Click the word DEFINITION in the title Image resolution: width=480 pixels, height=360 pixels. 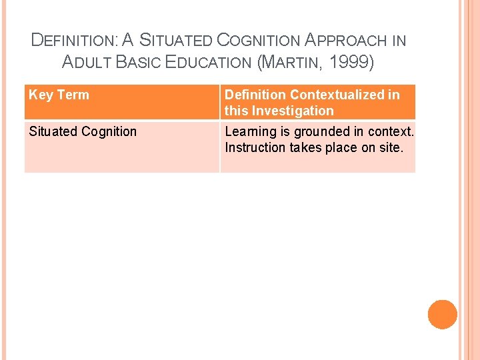click(x=73, y=40)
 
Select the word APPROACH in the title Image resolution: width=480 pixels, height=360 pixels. click(x=347, y=40)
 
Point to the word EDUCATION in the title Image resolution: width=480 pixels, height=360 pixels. click(x=209, y=63)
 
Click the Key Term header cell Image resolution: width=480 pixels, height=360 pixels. click(x=59, y=95)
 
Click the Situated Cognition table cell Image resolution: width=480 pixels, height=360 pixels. click(x=83, y=131)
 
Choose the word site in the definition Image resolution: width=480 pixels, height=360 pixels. click(x=392, y=147)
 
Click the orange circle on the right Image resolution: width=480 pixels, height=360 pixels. click(x=443, y=315)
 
